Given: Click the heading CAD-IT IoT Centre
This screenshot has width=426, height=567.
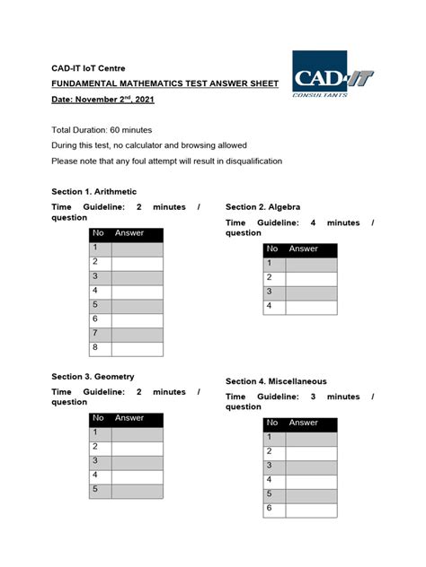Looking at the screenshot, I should (x=87, y=68).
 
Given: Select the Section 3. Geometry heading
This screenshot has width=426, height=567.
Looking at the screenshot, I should (x=93, y=377).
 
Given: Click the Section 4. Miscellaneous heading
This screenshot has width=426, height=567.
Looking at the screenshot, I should (x=276, y=381).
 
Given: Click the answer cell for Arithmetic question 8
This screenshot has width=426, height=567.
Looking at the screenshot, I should (x=137, y=349).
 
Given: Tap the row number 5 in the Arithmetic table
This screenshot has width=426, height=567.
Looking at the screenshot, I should (x=99, y=305).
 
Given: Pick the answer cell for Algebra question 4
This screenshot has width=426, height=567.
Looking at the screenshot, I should (x=311, y=307).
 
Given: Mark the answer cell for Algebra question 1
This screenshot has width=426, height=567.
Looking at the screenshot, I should (x=311, y=263).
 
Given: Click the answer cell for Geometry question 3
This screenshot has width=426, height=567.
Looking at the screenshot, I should (x=137, y=461).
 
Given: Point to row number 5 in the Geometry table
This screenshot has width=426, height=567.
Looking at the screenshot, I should (x=99, y=491).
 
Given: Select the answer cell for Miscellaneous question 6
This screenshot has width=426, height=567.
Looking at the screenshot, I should (x=311, y=510).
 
